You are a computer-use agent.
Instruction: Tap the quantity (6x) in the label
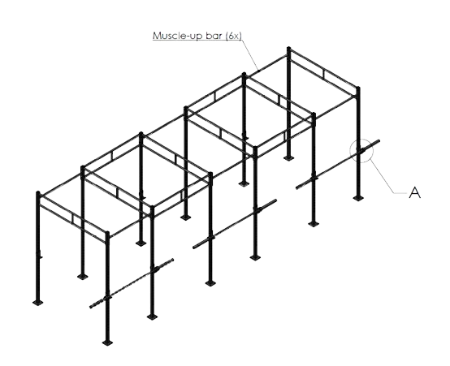tap(234, 36)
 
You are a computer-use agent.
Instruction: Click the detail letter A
tap(415, 192)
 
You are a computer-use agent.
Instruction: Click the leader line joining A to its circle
tap(389, 177)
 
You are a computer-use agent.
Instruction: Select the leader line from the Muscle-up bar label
tap(249, 54)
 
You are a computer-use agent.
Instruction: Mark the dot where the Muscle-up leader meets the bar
tap(258, 71)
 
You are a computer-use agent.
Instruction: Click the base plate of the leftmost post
tap(38, 302)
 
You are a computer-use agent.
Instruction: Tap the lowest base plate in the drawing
tap(107, 342)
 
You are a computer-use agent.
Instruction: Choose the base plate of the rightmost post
tap(358, 198)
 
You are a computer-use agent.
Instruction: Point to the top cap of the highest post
tap(288, 48)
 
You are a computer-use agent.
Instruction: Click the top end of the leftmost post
tap(38, 192)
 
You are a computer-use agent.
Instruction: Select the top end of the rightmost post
tap(358, 88)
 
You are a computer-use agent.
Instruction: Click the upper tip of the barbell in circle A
tap(379, 141)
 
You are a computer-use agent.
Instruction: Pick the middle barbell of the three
tap(235, 224)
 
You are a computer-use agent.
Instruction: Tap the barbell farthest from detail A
tap(132, 283)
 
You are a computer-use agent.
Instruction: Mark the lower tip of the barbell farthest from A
tap(91, 307)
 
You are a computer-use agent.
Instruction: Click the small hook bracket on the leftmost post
tap(40, 255)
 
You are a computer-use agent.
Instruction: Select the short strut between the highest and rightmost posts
tap(324, 75)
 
